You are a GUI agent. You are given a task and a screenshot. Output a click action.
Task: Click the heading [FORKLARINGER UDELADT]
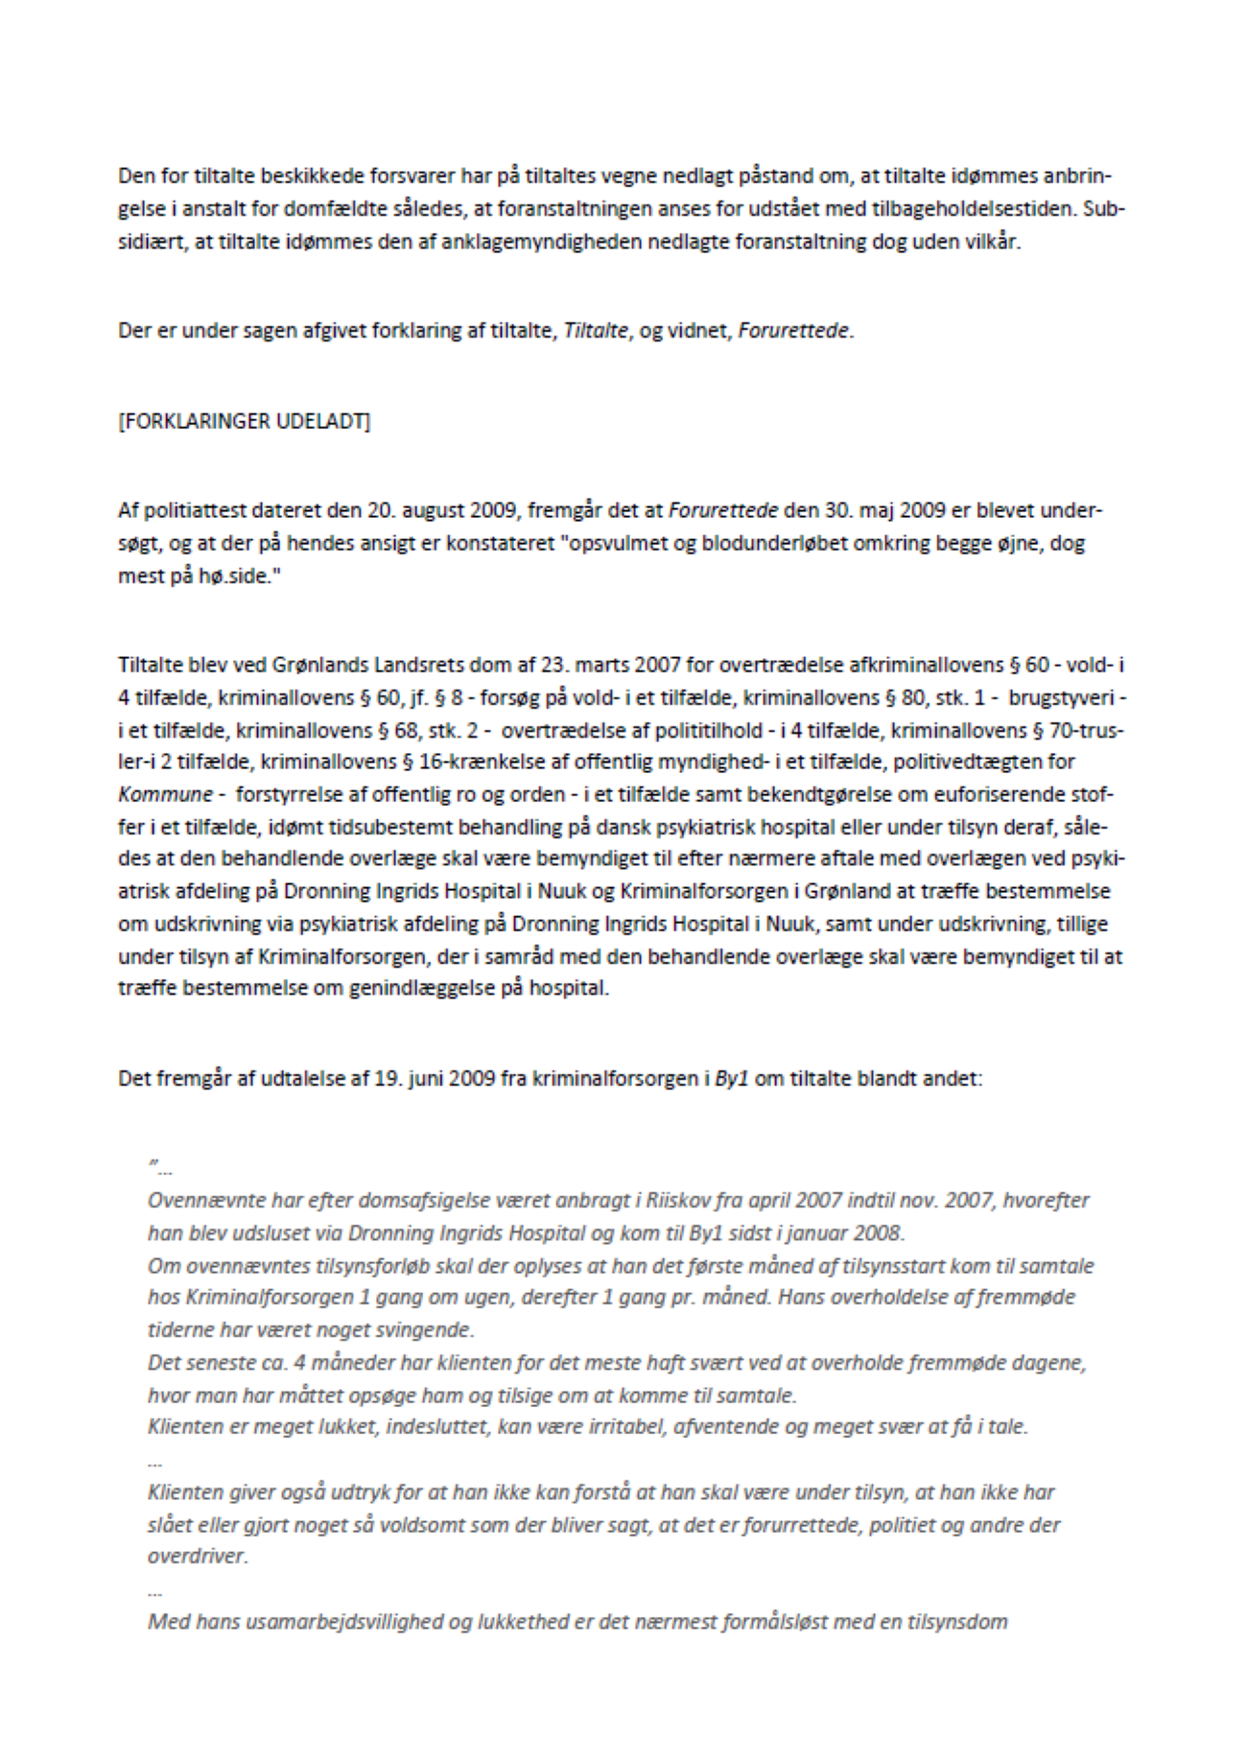(x=244, y=421)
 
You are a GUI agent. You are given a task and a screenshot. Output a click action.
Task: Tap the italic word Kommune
(x=165, y=795)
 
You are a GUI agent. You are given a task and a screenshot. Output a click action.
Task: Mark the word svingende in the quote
(x=430, y=1330)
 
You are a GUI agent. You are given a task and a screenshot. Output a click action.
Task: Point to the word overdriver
(x=198, y=1556)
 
